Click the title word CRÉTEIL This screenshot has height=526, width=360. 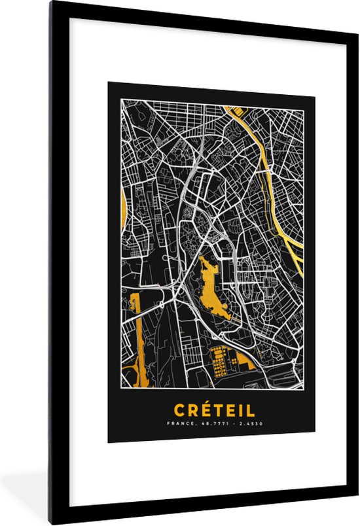click(214, 410)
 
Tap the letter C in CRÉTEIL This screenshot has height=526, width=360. click(179, 410)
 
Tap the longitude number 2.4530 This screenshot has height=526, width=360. click(249, 423)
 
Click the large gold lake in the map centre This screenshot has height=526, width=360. click(215, 288)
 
